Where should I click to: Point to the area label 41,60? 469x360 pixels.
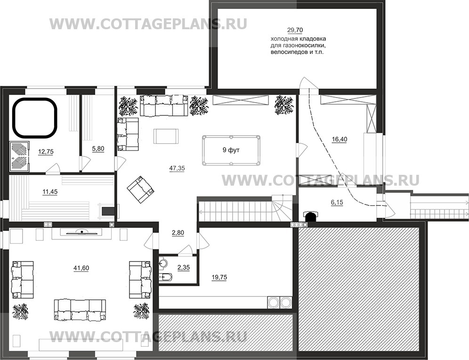click(81, 268)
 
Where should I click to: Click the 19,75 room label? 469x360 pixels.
click(219, 278)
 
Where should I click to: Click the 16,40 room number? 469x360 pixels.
click(340, 139)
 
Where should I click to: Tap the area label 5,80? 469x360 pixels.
click(98, 148)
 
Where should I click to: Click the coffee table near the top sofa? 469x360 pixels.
click(166, 136)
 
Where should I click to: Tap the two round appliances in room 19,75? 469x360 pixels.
click(279, 302)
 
